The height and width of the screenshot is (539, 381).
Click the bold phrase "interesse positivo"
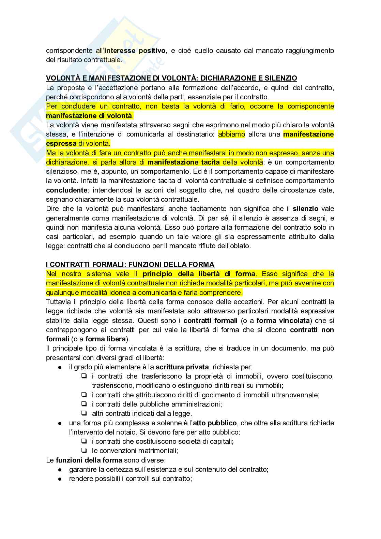click(x=135, y=51)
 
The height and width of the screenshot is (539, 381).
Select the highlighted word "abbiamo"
click(x=231, y=134)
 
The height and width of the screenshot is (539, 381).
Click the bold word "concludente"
click(x=66, y=190)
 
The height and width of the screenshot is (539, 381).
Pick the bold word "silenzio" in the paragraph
click(x=305, y=209)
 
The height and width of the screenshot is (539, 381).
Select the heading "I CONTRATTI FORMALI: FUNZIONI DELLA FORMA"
click(x=130, y=265)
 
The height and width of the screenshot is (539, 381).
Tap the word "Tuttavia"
click(x=58, y=302)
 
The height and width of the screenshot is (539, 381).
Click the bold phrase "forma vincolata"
click(x=283, y=321)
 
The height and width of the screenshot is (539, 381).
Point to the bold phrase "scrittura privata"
click(x=182, y=367)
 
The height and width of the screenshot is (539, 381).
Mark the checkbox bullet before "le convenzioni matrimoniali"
click(x=83, y=451)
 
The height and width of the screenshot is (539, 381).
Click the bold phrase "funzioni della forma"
click(x=89, y=460)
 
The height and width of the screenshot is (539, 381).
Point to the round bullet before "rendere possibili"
click(x=60, y=479)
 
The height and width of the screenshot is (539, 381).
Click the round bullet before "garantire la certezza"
click(x=60, y=470)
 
